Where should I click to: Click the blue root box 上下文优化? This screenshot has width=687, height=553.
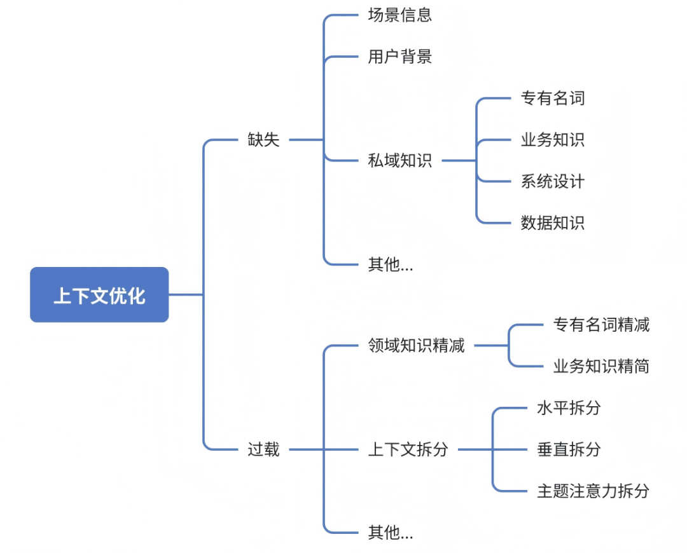tap(99, 295)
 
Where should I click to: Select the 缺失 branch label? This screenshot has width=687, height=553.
tap(263, 140)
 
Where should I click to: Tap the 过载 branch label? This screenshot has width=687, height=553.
tap(263, 450)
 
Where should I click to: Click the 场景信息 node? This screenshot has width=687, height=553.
tap(399, 15)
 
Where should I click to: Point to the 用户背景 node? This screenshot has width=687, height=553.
tap(399, 57)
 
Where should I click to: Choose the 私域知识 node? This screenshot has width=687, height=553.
tap(399, 161)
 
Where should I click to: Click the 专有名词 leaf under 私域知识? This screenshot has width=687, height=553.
tap(552, 99)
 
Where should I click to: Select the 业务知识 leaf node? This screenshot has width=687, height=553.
tap(552, 140)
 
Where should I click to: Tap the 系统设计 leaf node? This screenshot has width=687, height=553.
tap(552, 182)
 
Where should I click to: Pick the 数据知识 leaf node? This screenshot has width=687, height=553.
tap(552, 223)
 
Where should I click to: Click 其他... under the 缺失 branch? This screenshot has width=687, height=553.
tap(390, 264)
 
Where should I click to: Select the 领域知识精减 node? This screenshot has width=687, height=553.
tap(416, 346)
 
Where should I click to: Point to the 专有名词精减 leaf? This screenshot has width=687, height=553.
tap(601, 325)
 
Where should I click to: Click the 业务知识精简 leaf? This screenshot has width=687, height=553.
tap(601, 367)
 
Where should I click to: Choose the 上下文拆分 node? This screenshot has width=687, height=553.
tap(408, 450)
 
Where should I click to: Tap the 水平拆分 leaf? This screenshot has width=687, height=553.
tap(569, 408)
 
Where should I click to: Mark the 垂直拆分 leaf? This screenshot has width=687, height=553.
tap(569, 450)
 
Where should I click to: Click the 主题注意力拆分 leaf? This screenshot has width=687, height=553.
tap(593, 491)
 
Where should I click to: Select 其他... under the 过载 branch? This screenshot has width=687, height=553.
tap(390, 533)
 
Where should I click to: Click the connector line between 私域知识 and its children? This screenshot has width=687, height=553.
tap(459, 161)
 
